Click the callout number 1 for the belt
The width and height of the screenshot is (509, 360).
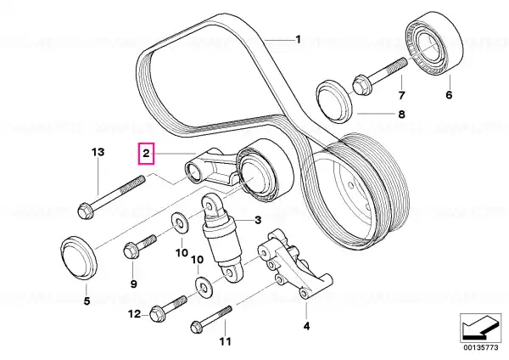298,39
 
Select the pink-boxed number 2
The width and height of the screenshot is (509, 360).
147,154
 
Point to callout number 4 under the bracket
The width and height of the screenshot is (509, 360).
307,324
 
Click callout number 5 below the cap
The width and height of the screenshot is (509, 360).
86,299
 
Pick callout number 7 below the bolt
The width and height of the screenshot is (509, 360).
401,95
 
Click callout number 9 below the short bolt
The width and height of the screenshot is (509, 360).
134,282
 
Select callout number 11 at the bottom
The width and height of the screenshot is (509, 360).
225,342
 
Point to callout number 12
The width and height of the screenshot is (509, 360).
133,315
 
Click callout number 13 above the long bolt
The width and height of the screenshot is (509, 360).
98,152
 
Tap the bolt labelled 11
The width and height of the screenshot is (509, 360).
212,319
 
